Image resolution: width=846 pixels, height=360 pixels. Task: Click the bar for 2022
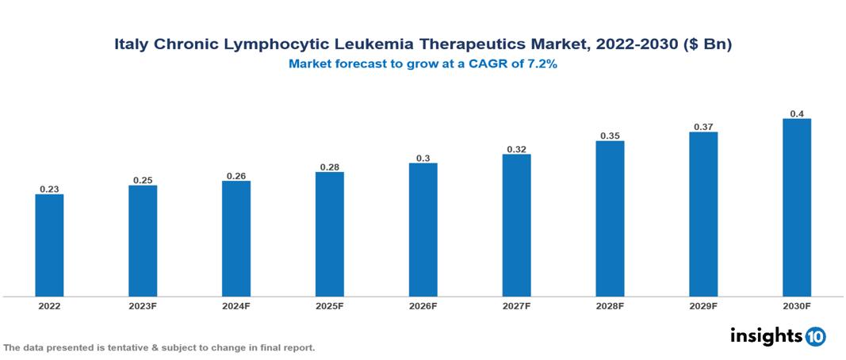click(x=49, y=245)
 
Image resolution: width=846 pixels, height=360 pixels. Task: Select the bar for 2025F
click(x=330, y=234)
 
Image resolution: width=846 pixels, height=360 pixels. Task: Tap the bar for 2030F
click(x=797, y=208)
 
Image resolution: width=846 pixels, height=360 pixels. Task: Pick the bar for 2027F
click(x=516, y=225)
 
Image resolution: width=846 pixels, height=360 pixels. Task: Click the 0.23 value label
click(x=49, y=189)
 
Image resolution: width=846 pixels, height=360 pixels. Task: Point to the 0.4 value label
click(x=797, y=113)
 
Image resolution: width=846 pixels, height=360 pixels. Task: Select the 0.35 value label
click(x=610, y=136)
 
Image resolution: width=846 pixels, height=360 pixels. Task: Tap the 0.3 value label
click(x=423, y=158)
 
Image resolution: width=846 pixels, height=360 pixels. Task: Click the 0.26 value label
click(x=236, y=175)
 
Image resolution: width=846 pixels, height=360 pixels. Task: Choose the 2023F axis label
click(x=143, y=305)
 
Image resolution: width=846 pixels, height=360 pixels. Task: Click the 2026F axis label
click(x=423, y=305)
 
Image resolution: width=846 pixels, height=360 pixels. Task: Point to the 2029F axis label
click(x=703, y=305)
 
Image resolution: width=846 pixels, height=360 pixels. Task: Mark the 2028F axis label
click(x=610, y=305)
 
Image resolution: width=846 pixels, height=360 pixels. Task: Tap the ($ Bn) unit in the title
click(x=706, y=45)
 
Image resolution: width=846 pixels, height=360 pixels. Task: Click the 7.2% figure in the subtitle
click(x=541, y=64)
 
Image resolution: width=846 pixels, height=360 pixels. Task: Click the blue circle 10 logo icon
click(x=816, y=336)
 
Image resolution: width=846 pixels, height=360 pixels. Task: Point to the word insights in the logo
click(x=766, y=335)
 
